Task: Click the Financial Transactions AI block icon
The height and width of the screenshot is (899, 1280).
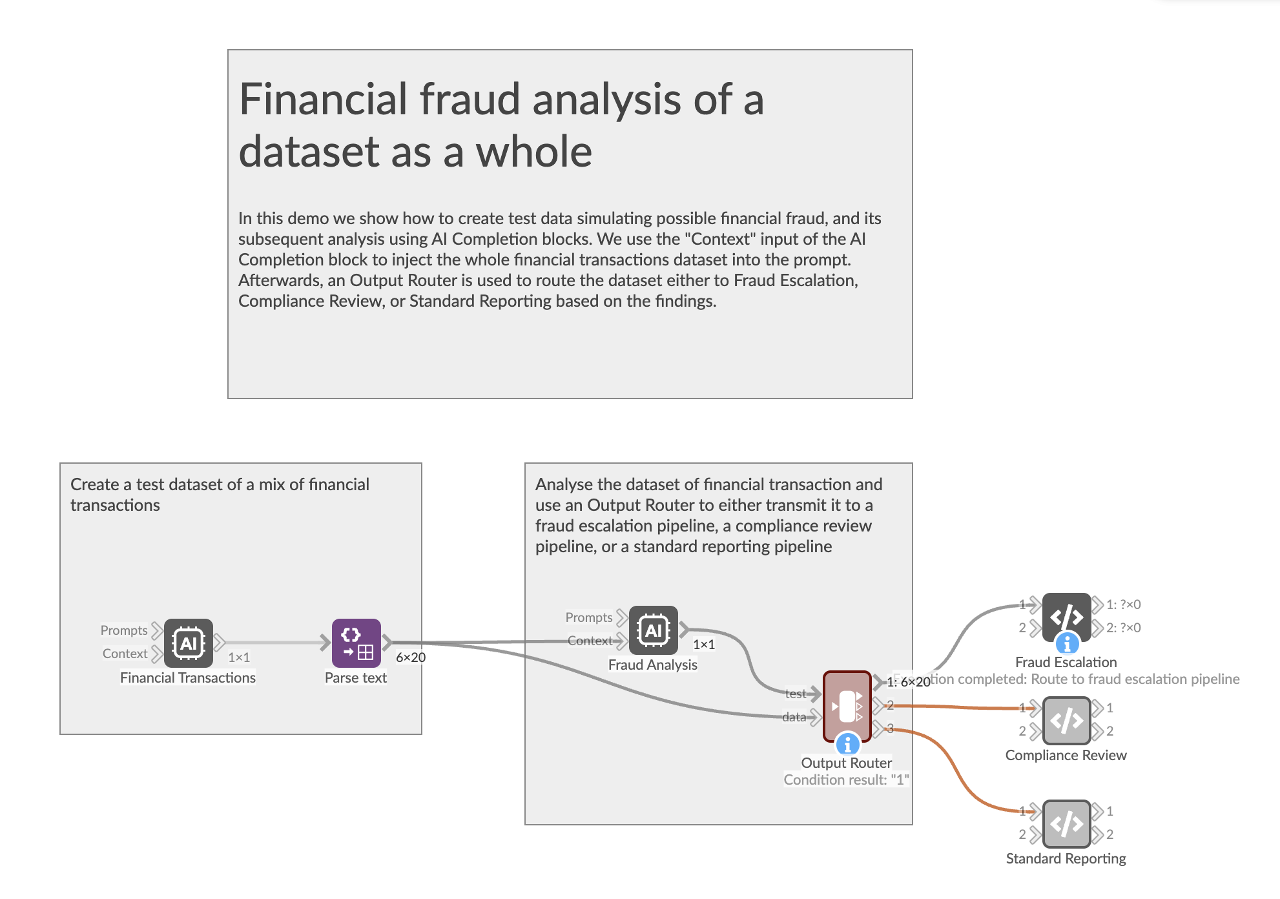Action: coord(188,643)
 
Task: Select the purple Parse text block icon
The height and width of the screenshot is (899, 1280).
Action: coord(356,643)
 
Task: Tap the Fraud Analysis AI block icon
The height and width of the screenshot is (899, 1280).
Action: coord(653,630)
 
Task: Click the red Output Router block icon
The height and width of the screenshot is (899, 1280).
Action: coord(847,705)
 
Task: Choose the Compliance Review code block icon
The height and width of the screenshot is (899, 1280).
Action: coord(1066,720)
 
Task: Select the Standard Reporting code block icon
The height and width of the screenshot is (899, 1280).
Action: coord(1066,823)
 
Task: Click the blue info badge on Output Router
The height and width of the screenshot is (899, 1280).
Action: coord(847,745)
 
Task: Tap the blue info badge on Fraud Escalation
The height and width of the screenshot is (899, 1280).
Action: coord(1067,643)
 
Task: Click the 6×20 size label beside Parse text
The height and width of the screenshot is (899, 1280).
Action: coord(411,657)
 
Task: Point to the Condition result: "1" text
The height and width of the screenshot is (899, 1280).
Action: coord(846,780)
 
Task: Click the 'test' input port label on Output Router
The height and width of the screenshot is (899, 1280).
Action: coord(796,694)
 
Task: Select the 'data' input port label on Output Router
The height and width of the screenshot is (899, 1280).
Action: coord(794,717)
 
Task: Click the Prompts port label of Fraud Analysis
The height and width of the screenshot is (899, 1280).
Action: coord(588,617)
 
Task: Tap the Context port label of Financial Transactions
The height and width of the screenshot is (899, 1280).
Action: coord(125,654)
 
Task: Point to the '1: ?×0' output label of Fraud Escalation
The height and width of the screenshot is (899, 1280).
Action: coord(1123,604)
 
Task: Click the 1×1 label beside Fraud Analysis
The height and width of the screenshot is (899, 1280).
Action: coord(704,645)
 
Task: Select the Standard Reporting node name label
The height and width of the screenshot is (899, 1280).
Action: coord(1066,858)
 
